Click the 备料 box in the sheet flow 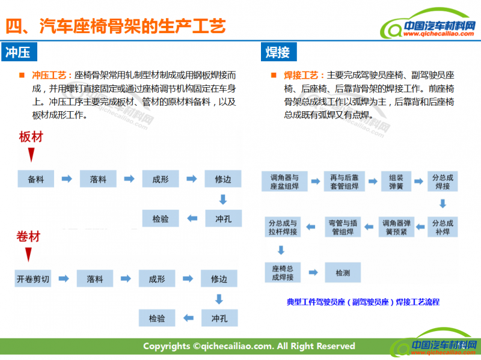[35, 179]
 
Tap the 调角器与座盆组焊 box [284, 182]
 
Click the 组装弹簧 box [396, 182]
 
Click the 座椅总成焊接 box [283, 273]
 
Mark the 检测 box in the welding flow [342, 273]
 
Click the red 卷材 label [28, 236]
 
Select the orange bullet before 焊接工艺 [274, 76]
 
